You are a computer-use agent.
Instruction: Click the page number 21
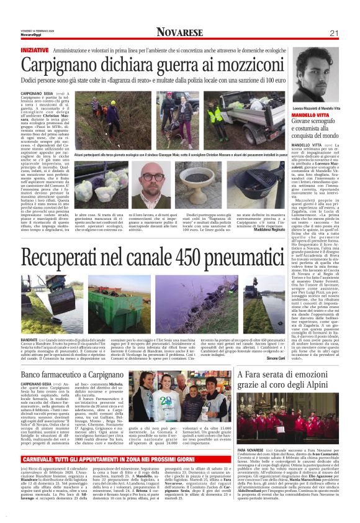333,33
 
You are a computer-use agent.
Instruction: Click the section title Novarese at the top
180,32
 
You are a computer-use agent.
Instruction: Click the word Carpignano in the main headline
65,65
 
